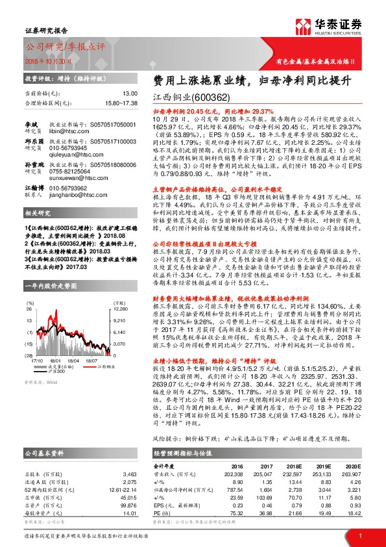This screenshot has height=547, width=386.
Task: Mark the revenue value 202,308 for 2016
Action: (x=239, y=474)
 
